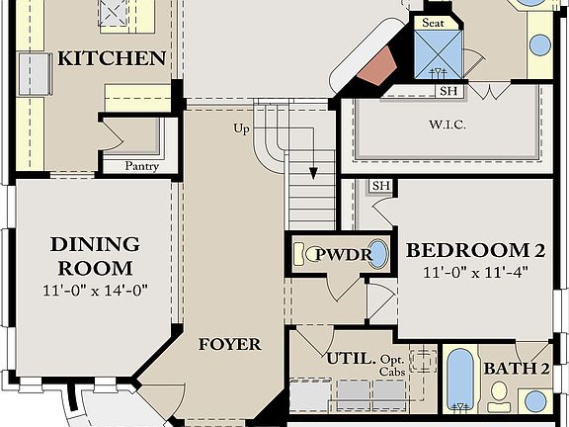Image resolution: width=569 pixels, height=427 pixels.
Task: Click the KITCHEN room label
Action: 112,58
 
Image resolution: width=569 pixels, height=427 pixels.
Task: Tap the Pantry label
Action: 141,166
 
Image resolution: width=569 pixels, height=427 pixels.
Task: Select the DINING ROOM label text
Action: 95,255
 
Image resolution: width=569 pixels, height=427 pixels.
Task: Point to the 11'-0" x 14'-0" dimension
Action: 95,291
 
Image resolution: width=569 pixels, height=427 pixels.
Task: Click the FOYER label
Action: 229,345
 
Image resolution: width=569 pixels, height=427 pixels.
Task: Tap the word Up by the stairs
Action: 242,129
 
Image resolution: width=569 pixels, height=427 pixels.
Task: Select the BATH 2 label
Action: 516,368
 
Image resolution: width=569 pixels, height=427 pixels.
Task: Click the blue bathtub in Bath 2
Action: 460,381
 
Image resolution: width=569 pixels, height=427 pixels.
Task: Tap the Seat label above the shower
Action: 432,22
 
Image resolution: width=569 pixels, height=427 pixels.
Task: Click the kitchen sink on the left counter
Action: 33,72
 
